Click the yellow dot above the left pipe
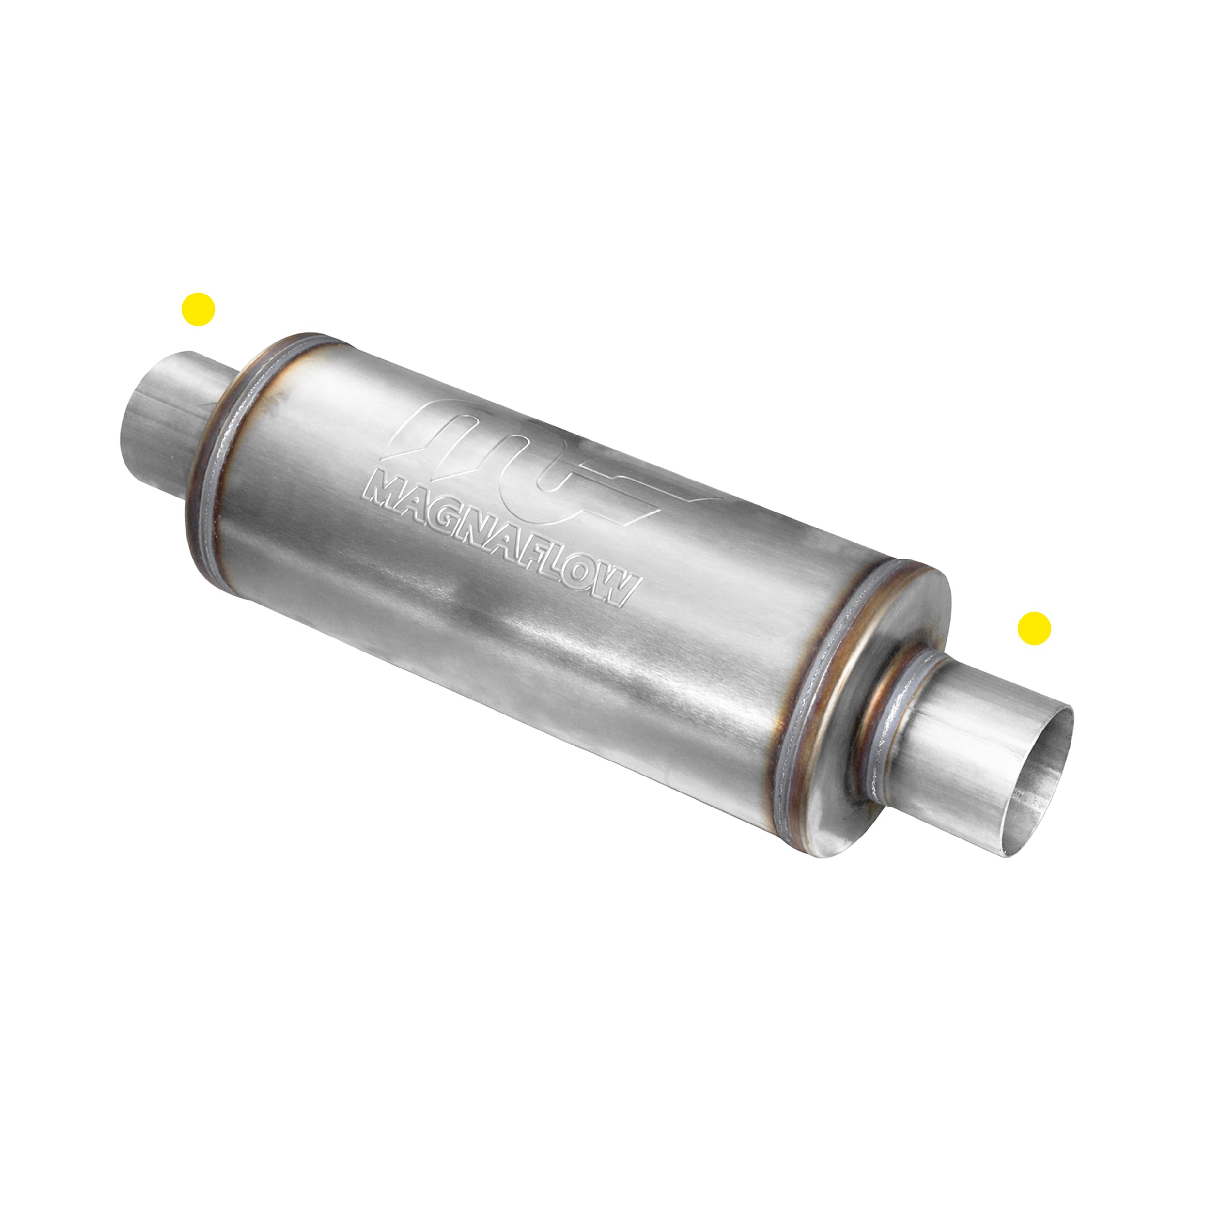(198, 309)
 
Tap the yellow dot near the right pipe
(1034, 628)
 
